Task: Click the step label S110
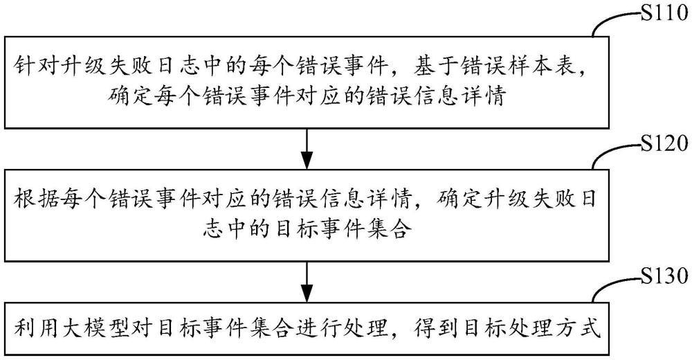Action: click(662, 15)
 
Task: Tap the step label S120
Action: click(664, 145)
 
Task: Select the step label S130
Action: click(664, 276)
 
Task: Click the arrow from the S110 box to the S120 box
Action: click(307, 148)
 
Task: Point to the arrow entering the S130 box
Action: click(307, 280)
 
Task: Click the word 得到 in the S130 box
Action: click(432, 329)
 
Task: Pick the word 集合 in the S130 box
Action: click(259, 329)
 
